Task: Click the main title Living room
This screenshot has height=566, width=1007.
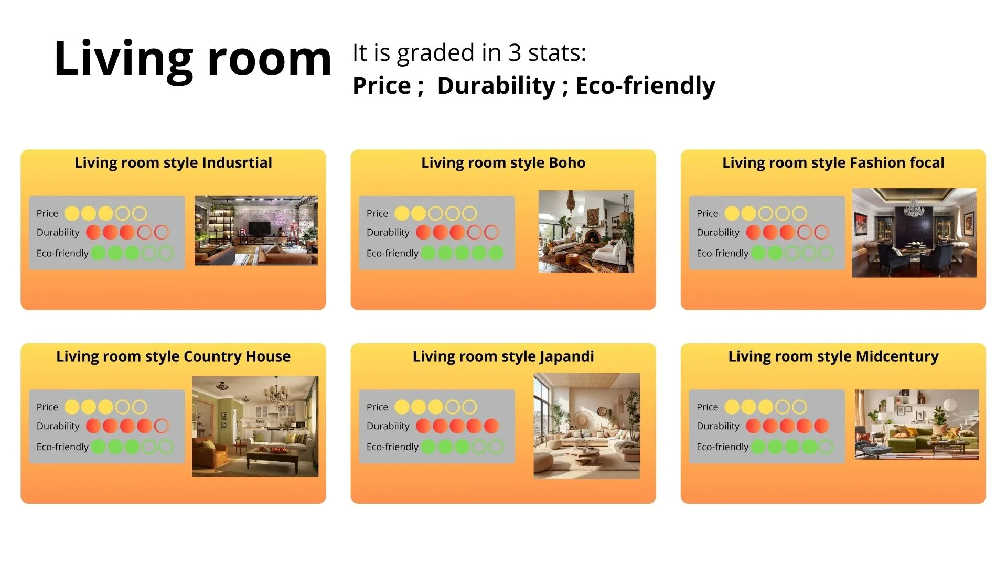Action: pos(192,59)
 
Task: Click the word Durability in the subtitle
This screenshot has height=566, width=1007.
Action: pos(496,85)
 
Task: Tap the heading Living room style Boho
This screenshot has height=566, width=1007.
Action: pos(503,163)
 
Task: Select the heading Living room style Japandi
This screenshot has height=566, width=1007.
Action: pos(503,357)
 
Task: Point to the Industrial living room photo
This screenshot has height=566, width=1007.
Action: pos(256,231)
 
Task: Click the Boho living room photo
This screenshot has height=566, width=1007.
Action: pos(586,231)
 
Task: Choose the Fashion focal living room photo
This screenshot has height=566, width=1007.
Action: pos(914,233)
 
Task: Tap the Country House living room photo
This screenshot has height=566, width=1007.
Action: pos(255,426)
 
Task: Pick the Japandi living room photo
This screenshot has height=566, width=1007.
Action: pos(586,426)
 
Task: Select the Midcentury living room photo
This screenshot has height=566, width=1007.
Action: pos(917,424)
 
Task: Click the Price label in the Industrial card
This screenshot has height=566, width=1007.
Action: pos(47,214)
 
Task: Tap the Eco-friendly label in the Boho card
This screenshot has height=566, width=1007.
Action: pos(392,254)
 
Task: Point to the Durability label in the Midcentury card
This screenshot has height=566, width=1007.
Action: pos(718,426)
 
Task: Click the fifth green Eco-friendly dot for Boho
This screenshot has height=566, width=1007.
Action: pos(496,254)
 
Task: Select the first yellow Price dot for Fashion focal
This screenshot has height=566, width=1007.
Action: pos(732,213)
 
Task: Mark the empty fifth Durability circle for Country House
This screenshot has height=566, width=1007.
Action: pos(162,426)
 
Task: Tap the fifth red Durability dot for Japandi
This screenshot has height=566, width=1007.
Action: pos(491,426)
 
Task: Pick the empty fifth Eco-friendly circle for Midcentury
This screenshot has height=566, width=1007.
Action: pos(826,447)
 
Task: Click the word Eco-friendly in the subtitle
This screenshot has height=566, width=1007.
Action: pos(645,85)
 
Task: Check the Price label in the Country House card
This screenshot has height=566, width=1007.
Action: pos(47,407)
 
